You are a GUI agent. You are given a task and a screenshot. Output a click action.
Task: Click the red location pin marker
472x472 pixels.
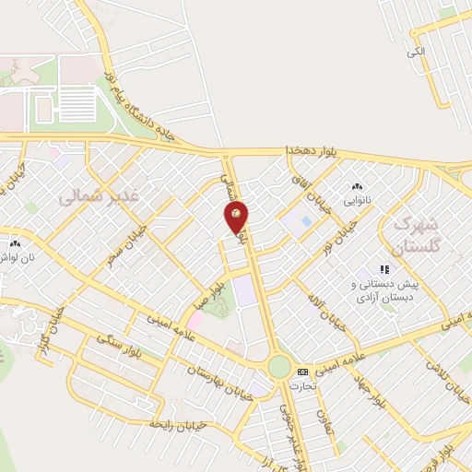tap(237, 215)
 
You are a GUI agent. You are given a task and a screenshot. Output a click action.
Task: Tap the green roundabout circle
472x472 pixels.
tap(279, 367)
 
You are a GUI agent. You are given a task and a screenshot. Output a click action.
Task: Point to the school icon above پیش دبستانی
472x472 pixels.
tap(383, 270)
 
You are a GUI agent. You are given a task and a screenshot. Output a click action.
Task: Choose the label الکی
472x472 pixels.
tap(415, 52)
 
